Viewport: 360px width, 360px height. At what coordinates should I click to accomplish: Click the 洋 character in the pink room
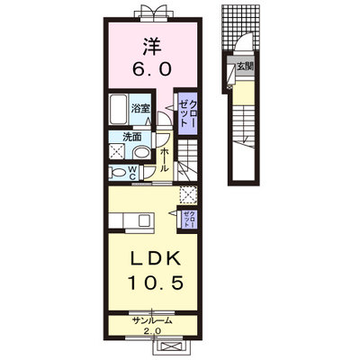click(152, 47)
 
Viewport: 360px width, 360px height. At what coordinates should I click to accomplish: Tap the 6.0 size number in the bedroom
click(152, 69)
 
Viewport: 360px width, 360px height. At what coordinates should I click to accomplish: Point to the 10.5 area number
click(156, 283)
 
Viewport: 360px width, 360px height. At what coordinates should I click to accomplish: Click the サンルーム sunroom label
click(152, 320)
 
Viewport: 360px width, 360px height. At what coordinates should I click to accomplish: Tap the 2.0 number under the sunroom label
click(153, 331)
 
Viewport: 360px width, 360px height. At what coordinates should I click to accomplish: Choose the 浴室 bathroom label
click(140, 109)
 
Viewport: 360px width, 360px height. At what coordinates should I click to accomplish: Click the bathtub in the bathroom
click(118, 110)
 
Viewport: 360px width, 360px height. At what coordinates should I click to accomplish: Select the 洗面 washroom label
click(132, 137)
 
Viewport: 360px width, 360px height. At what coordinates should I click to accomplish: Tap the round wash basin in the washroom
click(142, 153)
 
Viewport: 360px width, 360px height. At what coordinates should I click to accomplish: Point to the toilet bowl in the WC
click(118, 173)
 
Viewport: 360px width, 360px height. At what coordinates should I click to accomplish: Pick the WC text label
click(132, 174)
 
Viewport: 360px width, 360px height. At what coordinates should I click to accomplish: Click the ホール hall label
click(164, 160)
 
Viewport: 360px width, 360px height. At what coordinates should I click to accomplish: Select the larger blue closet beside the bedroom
click(187, 112)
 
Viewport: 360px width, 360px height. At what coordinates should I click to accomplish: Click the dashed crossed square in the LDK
click(188, 195)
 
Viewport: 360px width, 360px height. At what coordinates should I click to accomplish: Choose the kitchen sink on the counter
click(146, 221)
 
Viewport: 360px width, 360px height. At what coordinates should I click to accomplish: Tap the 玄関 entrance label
click(246, 67)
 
